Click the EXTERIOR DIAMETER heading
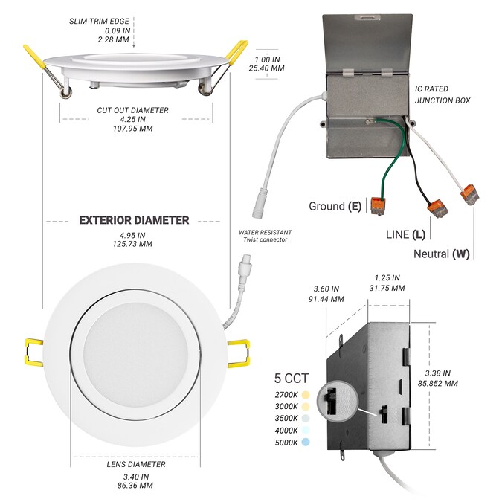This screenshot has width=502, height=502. tap(134, 220)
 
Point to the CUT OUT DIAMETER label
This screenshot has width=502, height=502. tap(132, 110)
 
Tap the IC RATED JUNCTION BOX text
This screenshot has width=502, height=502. tap(442, 94)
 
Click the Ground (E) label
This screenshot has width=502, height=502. tap(335, 206)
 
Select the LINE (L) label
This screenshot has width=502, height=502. tap(405, 235)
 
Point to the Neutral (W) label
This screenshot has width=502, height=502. tap(441, 254)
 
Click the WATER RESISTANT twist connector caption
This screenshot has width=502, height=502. tap(263, 236)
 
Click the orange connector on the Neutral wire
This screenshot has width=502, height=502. tap(469, 195)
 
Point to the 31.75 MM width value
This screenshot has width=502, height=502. tap(386, 288)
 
